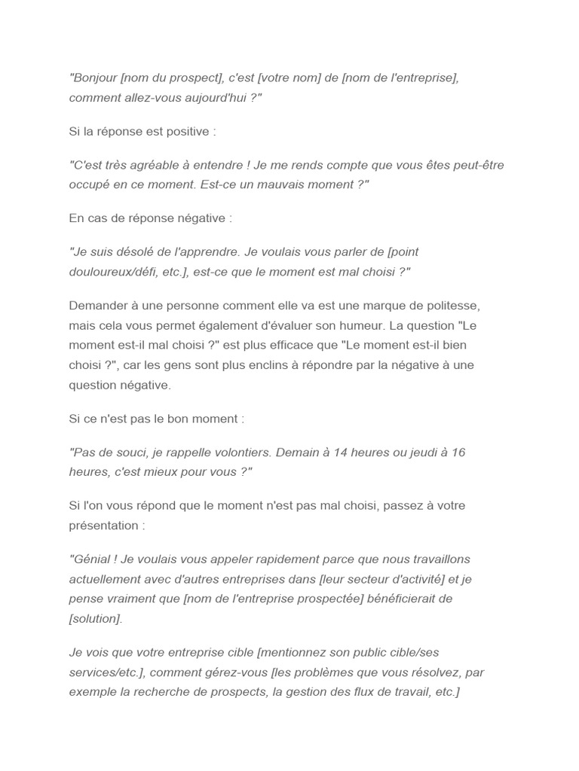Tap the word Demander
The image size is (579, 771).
(x=100, y=306)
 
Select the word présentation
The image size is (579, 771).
(x=104, y=525)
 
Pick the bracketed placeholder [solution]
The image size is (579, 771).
(x=95, y=618)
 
